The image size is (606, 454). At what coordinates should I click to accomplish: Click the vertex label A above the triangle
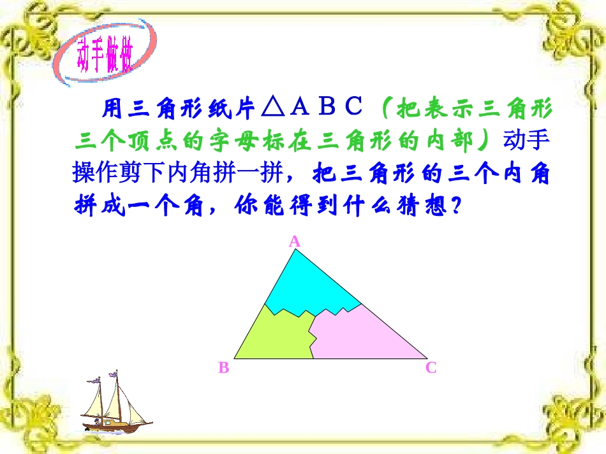pos(295,241)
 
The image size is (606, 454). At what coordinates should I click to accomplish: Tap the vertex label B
pos(223,367)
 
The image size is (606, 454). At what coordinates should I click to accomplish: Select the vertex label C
pos(431,367)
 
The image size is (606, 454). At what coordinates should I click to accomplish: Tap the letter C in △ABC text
pos(354,108)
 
